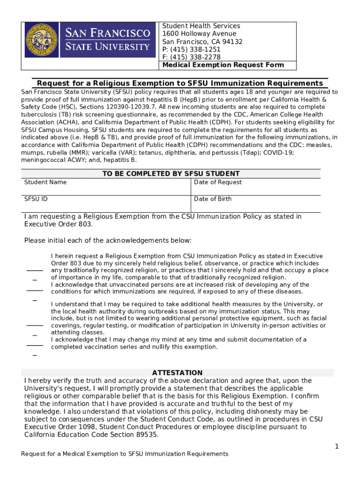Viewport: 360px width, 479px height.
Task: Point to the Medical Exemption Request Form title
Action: pos(223,65)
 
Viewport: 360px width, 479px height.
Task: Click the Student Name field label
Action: pos(45,182)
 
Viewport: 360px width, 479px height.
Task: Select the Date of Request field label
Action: pos(218,182)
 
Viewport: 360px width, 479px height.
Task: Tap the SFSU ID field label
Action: pos(36,199)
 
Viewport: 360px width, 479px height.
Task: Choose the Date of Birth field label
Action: pos(213,199)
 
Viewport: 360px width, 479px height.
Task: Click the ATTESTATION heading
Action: pos(177,373)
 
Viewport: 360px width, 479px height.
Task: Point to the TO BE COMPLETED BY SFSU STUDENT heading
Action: pos(171,174)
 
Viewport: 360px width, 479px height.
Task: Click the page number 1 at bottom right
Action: pos(336,447)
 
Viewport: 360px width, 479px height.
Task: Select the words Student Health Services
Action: pos(201,26)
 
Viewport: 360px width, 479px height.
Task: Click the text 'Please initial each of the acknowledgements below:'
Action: pos(108,240)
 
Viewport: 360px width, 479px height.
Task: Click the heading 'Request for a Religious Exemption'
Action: pos(180,83)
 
